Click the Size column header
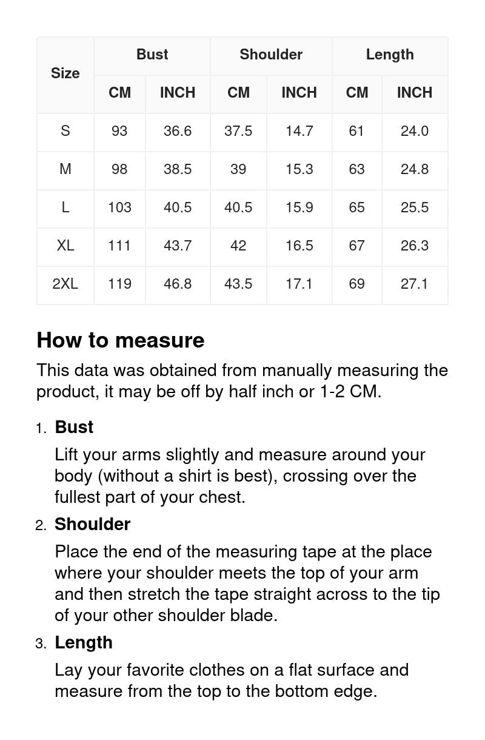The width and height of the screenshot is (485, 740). tap(65, 73)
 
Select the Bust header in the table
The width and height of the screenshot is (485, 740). tap(152, 55)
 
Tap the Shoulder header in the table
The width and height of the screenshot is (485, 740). tap(271, 55)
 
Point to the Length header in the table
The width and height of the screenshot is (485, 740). tap(390, 55)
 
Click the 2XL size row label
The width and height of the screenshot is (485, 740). tap(65, 284)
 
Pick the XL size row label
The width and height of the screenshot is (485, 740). tap(65, 246)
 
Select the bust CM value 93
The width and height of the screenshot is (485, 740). tap(119, 131)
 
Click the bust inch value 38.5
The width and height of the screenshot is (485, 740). tap(178, 169)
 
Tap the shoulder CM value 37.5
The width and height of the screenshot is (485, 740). tap(238, 131)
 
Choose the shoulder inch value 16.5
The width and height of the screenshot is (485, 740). tap(299, 246)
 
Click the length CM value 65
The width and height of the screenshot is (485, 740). tap(356, 207)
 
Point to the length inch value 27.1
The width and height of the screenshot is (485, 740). tap(415, 284)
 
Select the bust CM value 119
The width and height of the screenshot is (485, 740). tap(119, 284)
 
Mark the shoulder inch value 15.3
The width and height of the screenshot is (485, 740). tap(299, 169)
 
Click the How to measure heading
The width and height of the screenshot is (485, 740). tap(120, 340)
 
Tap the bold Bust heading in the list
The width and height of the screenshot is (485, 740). tap(74, 427)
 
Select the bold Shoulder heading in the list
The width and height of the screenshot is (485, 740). tap(92, 524)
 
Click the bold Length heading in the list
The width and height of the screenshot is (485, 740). tap(84, 642)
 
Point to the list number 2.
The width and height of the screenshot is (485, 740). tap(40, 526)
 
